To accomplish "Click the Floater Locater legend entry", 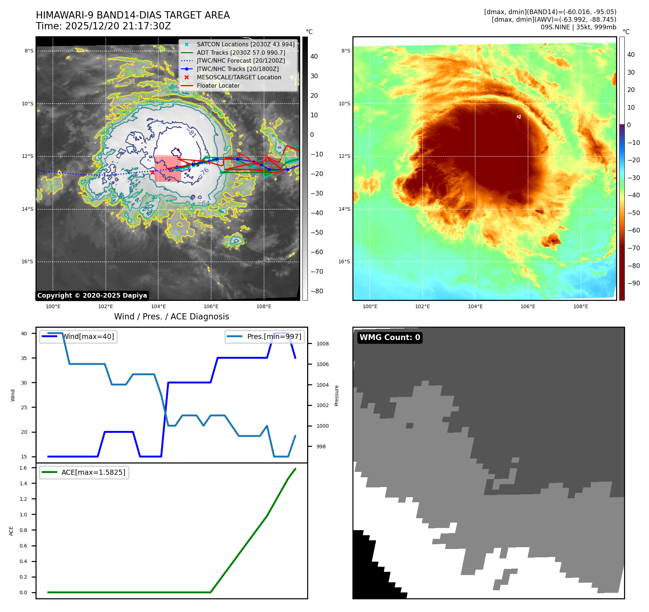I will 218,86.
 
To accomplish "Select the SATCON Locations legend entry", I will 245,45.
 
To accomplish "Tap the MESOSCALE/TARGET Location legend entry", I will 239,77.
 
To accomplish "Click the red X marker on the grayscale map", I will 152,172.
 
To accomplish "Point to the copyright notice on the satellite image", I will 92,295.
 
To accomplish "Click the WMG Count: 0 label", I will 390,338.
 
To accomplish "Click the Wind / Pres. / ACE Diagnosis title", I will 171,317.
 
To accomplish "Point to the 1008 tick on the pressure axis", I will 322,344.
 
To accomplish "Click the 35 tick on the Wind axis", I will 24,358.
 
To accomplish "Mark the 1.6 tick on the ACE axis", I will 23,468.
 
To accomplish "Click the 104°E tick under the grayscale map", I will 158,306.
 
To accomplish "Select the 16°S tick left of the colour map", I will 344,261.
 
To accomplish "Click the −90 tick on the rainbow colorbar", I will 633,283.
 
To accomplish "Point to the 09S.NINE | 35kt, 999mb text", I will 578,27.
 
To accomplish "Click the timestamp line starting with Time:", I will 103,26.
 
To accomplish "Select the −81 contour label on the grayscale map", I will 193,134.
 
